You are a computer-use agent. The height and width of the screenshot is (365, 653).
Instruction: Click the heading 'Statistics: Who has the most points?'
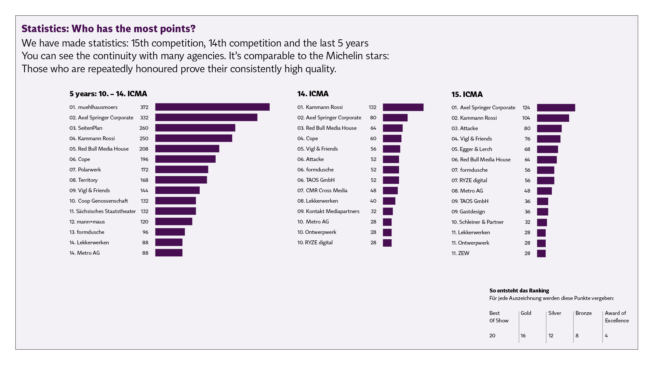[x=109, y=29]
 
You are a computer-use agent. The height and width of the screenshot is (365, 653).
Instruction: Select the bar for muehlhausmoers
[x=212, y=107]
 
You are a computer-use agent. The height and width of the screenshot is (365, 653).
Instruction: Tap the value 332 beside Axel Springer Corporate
[x=144, y=117]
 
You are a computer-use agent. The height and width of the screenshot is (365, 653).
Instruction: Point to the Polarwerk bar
[x=181, y=169]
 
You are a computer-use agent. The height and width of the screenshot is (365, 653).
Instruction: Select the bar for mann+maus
[x=174, y=222]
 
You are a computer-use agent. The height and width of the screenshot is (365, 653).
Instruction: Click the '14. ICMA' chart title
[x=313, y=94]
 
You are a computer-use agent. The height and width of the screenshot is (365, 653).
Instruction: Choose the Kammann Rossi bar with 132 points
[x=403, y=107]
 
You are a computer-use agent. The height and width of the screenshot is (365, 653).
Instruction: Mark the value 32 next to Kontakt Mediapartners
[x=373, y=211]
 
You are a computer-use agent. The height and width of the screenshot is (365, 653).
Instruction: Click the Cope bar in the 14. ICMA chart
[x=392, y=138]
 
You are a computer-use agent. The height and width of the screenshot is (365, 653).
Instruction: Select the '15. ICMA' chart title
[x=467, y=94]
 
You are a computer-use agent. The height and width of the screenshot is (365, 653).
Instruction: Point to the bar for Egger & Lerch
[x=547, y=149]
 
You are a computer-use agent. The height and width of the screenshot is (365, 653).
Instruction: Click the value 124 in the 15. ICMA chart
[x=526, y=107]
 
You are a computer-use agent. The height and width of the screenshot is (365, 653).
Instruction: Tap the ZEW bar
[x=541, y=253]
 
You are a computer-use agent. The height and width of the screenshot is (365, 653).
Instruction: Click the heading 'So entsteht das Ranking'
[x=519, y=291]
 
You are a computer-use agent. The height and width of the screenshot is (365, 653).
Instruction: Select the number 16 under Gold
[x=523, y=335]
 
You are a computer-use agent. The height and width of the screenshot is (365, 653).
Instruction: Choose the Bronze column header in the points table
[x=583, y=313]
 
